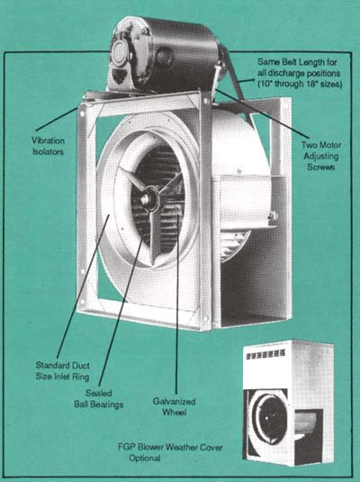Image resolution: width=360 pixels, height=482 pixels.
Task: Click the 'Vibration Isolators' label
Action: point(49,146)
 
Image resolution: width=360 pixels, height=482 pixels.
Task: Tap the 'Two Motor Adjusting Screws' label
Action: point(321,156)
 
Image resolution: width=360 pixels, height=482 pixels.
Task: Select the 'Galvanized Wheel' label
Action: point(175,406)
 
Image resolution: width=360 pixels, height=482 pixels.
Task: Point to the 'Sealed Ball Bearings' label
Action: point(99,398)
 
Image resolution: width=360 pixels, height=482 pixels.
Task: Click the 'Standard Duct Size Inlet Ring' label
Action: point(63,370)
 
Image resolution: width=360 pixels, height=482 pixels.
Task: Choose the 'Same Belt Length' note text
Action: point(300,73)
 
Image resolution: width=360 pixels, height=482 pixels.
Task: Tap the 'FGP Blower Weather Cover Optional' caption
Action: point(170,452)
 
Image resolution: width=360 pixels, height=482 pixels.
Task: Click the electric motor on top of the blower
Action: point(165,55)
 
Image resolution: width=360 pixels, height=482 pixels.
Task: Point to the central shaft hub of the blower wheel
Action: point(149,199)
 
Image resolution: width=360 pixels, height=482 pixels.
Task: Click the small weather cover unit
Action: point(288,403)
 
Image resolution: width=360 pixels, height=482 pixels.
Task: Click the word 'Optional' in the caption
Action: point(145,458)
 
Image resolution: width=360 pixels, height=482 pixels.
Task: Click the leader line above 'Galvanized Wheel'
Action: point(177,302)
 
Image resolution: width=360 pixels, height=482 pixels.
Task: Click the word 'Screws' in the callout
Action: point(320,167)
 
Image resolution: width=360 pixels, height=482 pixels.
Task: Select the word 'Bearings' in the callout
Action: point(106,405)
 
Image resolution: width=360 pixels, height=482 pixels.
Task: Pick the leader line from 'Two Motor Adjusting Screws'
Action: point(263,113)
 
